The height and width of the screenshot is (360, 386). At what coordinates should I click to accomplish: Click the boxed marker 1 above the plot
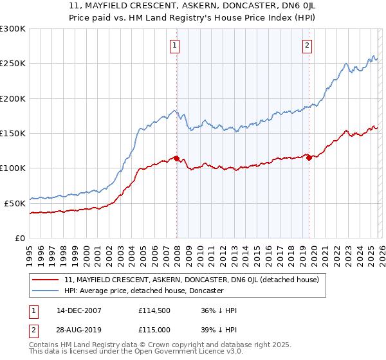pos(175,45)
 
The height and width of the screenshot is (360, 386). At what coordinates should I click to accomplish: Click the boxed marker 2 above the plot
pos(308,45)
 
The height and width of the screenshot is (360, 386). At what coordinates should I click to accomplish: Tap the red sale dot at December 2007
pos(176,158)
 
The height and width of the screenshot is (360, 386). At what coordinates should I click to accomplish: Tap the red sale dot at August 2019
pos(309,157)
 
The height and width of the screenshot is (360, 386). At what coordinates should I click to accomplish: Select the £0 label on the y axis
pos(19,238)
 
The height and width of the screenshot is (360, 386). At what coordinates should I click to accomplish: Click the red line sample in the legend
pos(46,280)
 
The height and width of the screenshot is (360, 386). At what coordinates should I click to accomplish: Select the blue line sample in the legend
pos(46,291)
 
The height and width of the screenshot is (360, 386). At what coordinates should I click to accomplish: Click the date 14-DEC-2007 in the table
pos(78,310)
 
